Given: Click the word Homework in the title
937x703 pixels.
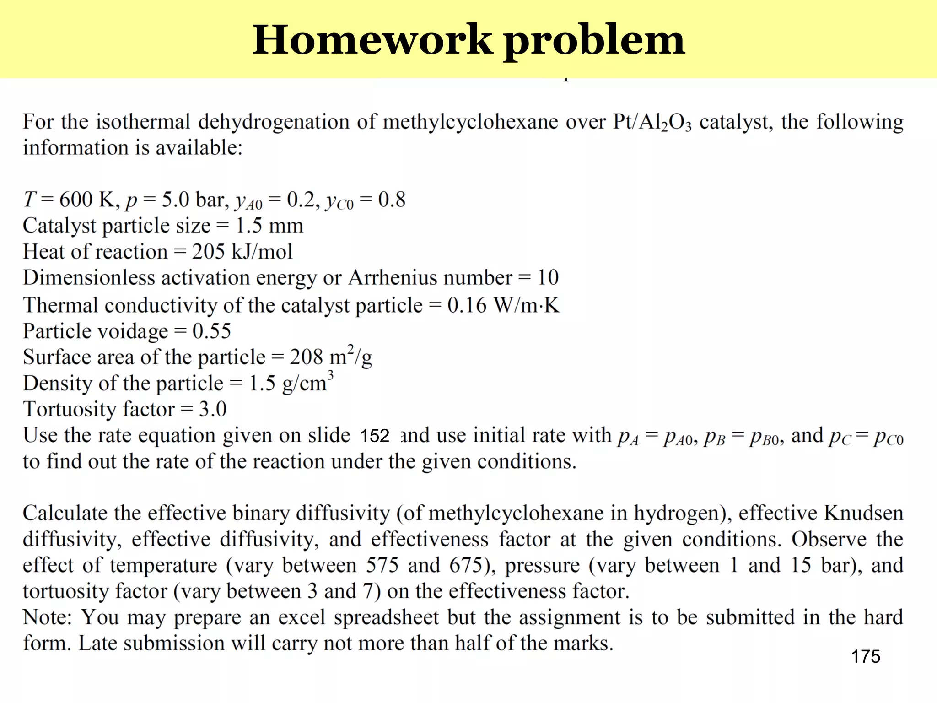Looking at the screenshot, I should (x=372, y=40).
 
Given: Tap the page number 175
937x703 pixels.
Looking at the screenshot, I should (x=865, y=656).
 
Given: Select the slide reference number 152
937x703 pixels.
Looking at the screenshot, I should (x=374, y=436).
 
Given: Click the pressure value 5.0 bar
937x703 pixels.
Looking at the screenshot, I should (x=195, y=200).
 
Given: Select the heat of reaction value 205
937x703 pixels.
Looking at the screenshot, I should (x=208, y=252).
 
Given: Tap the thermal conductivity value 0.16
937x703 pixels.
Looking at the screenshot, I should (x=467, y=305).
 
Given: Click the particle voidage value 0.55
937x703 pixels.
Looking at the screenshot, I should (x=211, y=331).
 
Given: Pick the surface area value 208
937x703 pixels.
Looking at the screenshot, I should (x=306, y=357).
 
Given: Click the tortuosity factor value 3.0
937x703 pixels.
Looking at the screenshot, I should (x=213, y=409).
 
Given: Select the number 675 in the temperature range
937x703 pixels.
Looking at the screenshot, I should (x=466, y=565).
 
